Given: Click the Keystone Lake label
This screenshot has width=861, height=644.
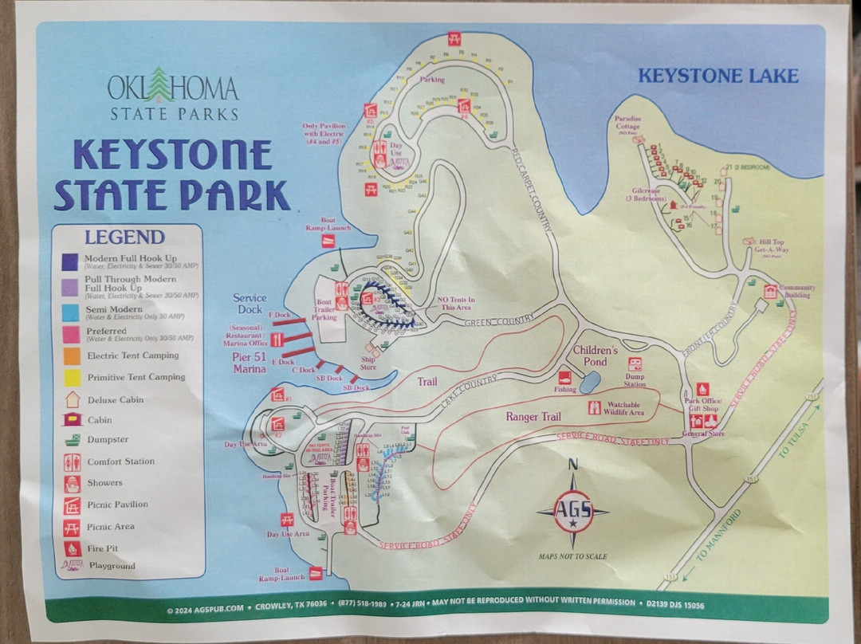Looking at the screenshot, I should tap(717, 77).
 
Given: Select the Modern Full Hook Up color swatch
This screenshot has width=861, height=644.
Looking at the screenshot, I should tap(70, 261).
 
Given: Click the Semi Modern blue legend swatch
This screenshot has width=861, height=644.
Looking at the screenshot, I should tap(70, 312).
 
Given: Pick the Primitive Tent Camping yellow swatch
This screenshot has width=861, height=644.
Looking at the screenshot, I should tap(70, 377).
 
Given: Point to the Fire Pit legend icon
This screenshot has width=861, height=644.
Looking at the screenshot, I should tap(71, 548).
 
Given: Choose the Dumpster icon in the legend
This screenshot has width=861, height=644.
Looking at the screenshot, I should tap(71, 440).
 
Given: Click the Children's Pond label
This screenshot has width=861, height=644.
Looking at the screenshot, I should tap(595, 355).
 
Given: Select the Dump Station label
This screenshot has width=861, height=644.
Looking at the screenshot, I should tap(635, 380).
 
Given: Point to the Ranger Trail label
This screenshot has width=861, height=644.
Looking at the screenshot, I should tap(533, 416).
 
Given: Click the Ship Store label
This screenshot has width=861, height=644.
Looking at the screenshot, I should tap(368, 363).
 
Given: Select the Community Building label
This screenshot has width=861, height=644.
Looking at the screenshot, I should tap(796, 292).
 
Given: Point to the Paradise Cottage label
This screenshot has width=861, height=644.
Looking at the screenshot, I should tap(627, 123).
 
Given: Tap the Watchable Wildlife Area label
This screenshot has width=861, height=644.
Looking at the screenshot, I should tap(625, 408).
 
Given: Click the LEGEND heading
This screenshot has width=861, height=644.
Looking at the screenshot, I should tap(124, 237).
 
